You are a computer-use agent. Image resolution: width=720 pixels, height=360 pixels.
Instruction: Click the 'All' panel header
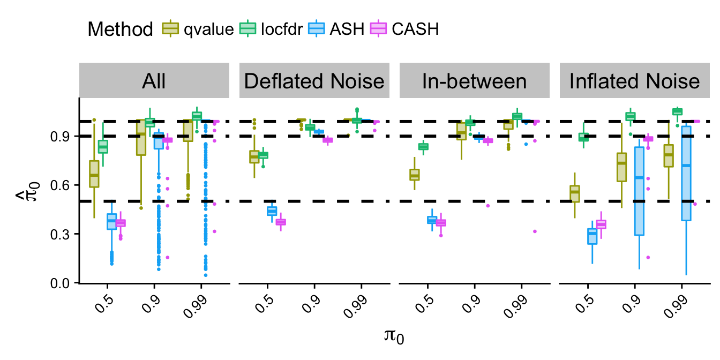(x=154, y=81)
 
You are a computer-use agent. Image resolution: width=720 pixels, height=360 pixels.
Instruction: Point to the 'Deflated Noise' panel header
(x=314, y=81)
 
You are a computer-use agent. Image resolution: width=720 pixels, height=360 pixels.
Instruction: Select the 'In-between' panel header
(x=474, y=81)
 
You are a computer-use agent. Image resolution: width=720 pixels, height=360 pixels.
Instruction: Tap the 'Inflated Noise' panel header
(x=634, y=81)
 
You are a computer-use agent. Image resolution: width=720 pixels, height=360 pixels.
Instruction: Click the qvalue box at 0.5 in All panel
(x=94, y=174)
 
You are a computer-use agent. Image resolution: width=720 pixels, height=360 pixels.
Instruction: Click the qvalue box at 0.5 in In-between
(x=414, y=175)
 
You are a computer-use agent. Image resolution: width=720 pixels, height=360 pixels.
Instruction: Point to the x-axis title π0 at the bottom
(x=392, y=336)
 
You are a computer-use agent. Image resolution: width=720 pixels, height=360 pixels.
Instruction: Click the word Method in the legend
(x=121, y=29)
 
